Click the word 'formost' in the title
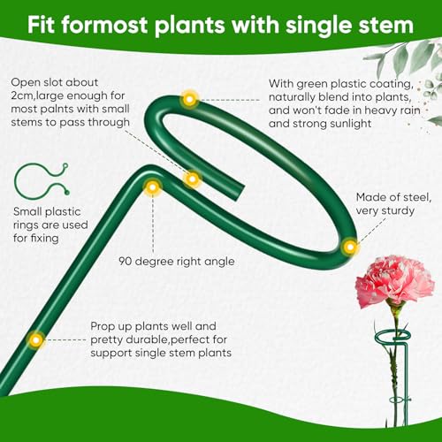tap(104, 25)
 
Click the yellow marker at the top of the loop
tap(189, 99)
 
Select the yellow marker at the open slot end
tap(192, 179)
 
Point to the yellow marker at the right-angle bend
tap(152, 187)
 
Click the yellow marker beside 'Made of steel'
tap(350, 247)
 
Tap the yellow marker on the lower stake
tap(36, 340)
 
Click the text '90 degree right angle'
tap(177, 262)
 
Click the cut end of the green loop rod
tap(240, 194)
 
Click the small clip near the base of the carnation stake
tap(400, 400)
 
